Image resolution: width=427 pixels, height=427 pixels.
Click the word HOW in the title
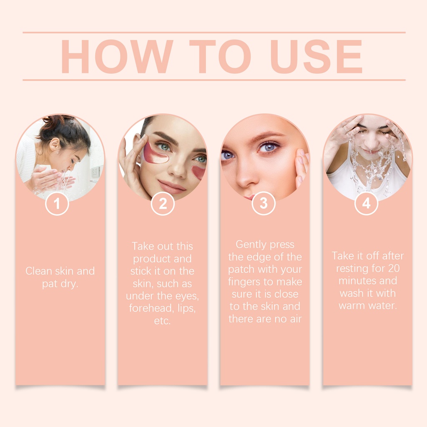(x=117, y=56)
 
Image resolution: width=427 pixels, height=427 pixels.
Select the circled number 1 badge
(x=57, y=203)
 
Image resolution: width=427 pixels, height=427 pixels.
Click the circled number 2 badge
(x=163, y=203)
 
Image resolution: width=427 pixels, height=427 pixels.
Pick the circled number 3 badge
(x=264, y=203)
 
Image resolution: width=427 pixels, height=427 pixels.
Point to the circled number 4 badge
(x=366, y=203)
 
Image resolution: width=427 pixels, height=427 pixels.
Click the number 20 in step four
(x=394, y=268)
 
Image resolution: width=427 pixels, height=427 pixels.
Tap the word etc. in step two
(x=162, y=321)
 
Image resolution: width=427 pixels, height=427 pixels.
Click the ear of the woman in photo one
(x=54, y=144)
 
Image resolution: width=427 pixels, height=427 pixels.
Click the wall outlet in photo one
(x=95, y=172)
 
